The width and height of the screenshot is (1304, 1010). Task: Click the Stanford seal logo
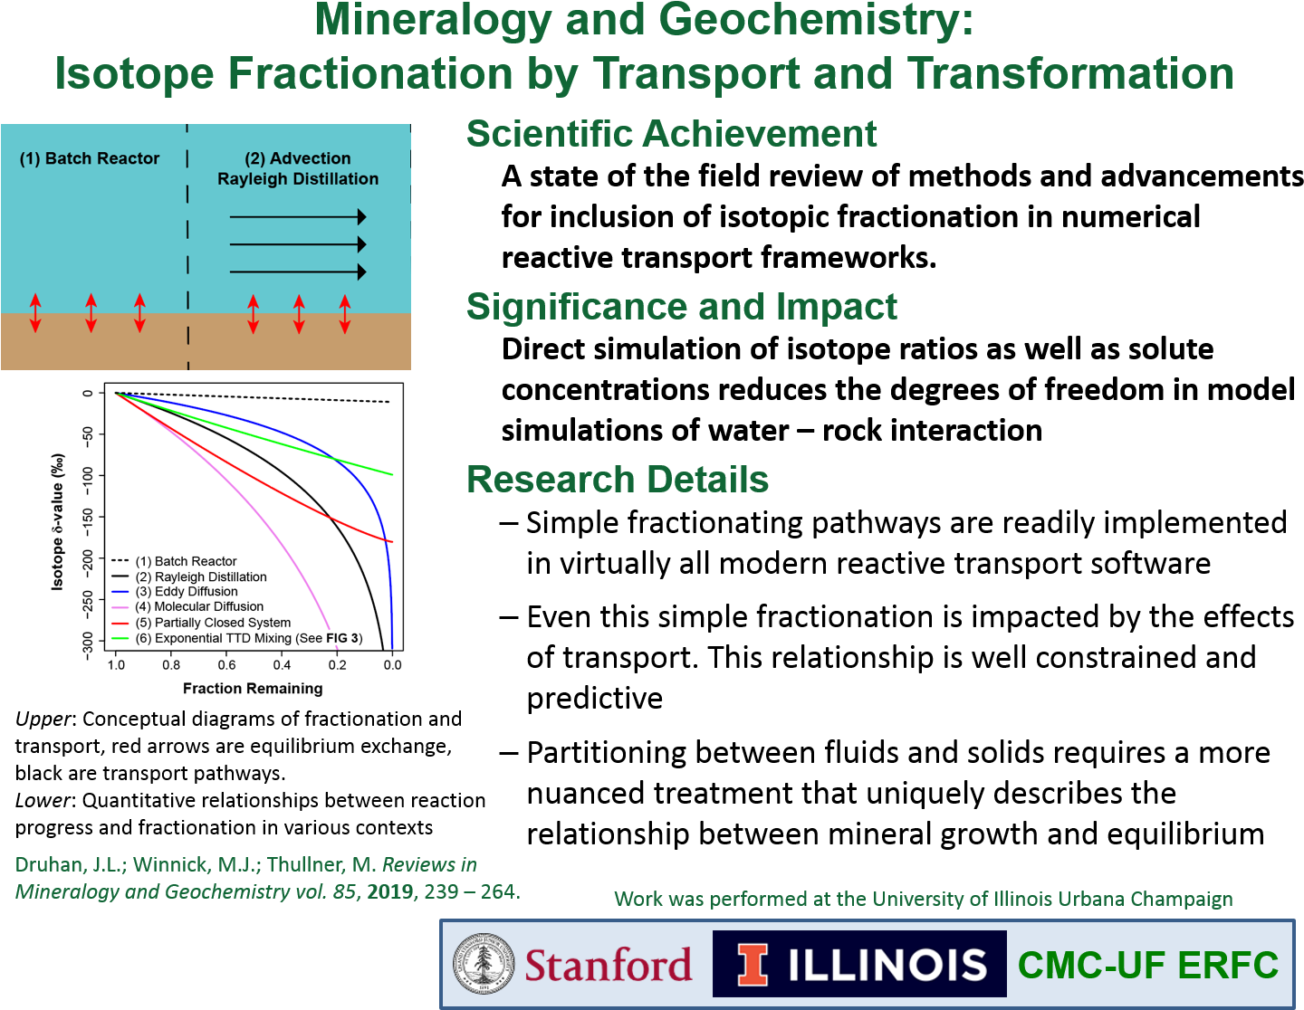coord(483,964)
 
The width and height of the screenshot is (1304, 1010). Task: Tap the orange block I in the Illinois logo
coord(752,965)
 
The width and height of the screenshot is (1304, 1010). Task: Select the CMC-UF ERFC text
coord(1148,965)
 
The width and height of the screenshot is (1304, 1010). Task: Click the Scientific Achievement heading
coord(672,133)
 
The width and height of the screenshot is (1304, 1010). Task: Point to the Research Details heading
coord(618,480)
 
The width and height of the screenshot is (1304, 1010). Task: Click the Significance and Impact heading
coord(682,307)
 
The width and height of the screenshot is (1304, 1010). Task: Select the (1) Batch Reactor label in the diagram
coord(90,158)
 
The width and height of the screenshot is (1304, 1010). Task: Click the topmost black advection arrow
coord(298,216)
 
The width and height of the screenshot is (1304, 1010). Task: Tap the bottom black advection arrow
coord(298,272)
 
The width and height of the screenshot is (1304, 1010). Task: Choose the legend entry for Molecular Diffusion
coord(187,606)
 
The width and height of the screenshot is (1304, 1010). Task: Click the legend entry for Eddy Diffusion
coord(175,591)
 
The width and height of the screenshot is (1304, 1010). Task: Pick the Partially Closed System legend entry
coord(201,623)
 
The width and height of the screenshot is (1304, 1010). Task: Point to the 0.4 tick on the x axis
coord(282,664)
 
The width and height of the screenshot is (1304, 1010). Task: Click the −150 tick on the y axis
coord(88,517)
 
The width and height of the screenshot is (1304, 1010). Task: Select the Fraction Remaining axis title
coord(253,688)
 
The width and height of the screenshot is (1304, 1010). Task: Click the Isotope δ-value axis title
coord(58,522)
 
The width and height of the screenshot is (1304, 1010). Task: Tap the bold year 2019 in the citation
coord(390,891)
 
